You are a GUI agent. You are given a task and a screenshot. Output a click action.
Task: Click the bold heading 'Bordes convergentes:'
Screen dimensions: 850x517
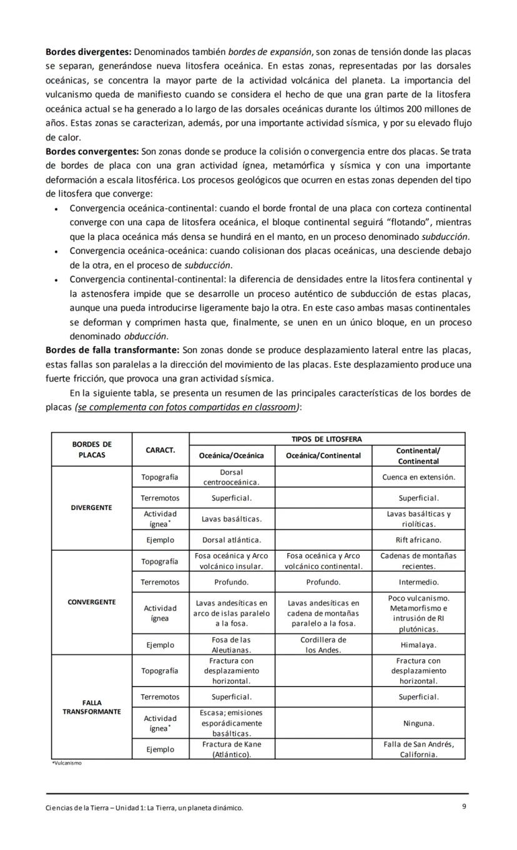coord(92,152)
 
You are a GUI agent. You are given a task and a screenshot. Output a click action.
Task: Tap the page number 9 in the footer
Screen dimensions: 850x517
coord(464,806)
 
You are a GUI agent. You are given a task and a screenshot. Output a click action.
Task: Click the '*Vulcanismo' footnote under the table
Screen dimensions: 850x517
coord(66,763)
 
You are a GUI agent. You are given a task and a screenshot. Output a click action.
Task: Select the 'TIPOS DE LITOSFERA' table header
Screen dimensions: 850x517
coord(327,439)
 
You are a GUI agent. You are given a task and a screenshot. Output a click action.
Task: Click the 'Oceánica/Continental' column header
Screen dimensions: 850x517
coord(323,455)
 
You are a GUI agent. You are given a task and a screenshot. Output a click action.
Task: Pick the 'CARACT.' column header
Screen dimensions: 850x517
coord(160,450)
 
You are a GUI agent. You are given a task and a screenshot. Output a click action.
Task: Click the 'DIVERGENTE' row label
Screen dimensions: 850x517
coord(92,508)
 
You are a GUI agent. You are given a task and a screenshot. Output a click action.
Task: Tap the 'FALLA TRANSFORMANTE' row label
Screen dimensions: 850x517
coord(92,707)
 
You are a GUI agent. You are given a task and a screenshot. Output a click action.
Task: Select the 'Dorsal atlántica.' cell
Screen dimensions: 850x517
coord(231,540)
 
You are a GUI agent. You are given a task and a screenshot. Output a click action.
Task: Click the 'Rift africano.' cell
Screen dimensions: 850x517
coord(418,540)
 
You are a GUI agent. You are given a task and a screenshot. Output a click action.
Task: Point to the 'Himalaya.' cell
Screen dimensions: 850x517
coord(418,645)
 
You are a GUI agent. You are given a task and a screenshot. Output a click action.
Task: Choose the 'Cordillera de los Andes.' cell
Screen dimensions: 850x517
coord(323,645)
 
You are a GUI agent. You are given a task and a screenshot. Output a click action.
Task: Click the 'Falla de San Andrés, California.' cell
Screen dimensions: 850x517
coord(418,749)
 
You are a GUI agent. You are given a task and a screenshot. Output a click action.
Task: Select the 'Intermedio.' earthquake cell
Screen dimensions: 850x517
coord(418,582)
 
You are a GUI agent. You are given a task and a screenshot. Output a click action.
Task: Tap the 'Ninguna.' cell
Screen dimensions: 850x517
coord(418,723)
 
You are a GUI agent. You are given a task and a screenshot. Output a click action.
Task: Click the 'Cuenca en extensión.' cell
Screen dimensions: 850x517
coord(418,478)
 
